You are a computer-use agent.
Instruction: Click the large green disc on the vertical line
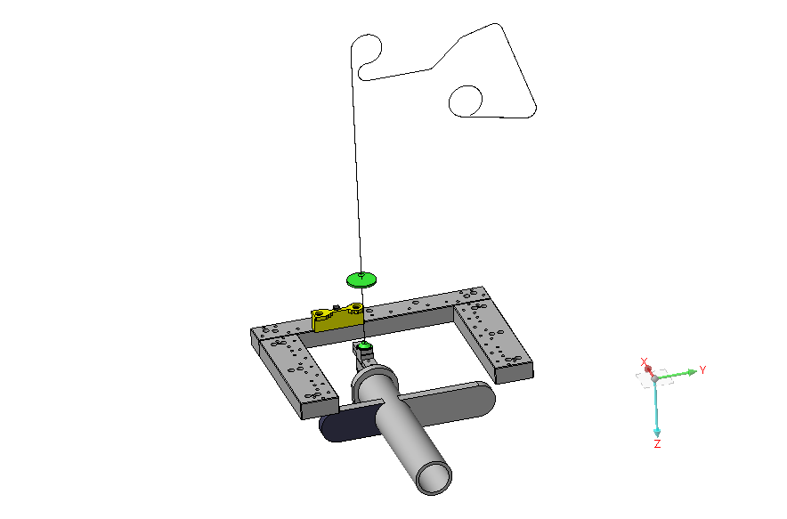tap(361, 279)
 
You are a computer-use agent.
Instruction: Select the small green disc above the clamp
tap(362, 345)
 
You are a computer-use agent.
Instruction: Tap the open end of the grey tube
tap(433, 476)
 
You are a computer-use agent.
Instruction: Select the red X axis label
tap(645, 362)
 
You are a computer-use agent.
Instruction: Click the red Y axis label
tap(702, 369)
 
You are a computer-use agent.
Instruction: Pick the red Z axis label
tap(657, 443)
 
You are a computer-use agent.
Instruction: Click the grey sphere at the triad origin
tap(654, 379)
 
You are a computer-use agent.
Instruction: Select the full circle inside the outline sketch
tap(465, 101)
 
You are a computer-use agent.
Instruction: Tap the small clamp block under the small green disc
tap(362, 357)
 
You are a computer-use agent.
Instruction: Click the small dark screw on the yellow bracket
tap(335, 307)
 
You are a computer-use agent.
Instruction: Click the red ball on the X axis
tap(648, 369)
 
